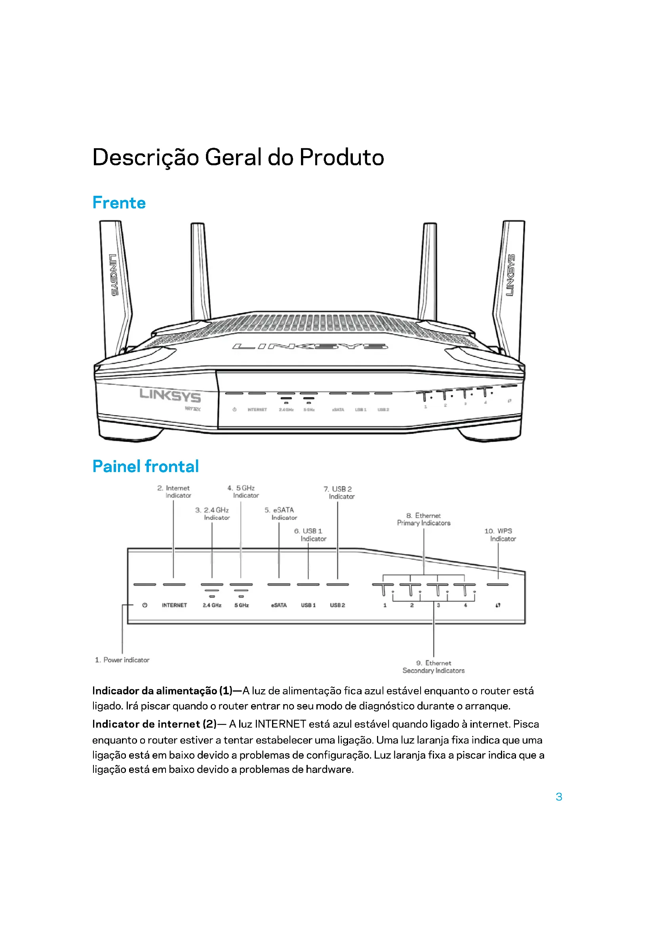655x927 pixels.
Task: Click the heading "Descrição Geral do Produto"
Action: coord(238,157)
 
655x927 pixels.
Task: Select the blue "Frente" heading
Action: coord(119,203)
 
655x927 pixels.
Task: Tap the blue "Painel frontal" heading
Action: coord(146,466)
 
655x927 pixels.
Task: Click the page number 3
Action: coord(559,797)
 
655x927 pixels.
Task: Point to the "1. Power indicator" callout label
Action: coord(122,660)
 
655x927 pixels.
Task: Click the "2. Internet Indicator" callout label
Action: coord(174,492)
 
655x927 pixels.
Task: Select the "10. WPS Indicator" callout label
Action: coord(500,535)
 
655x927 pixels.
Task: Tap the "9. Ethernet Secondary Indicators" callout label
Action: coord(434,667)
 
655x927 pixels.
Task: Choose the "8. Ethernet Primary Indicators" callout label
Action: coord(423,519)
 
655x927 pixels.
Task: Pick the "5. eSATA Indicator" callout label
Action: coord(280,514)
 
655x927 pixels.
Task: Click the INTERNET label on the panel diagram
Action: coord(174,605)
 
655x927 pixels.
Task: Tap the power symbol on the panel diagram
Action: coord(145,605)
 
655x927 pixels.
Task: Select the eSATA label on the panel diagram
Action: coord(279,605)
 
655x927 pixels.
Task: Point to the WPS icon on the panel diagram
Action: coord(498,605)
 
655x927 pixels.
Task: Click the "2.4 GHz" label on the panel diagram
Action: coord(212,605)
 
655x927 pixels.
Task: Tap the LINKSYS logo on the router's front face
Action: coord(170,395)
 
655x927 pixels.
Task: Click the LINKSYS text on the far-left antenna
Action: coord(114,275)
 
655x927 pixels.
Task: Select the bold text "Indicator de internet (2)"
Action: coord(154,724)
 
